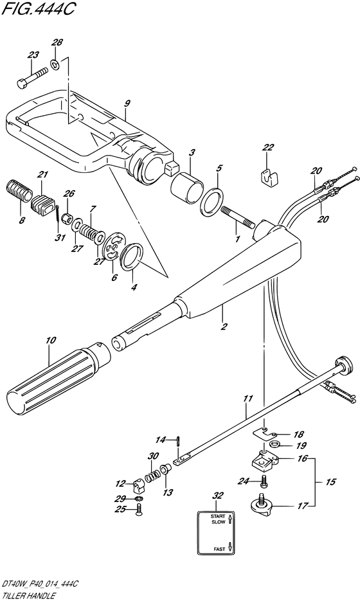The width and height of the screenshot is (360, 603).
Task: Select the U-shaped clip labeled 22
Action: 269,175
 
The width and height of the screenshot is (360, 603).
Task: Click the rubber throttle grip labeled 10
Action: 58,374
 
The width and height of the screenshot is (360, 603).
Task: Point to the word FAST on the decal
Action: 219,549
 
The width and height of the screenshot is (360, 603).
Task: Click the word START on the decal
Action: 218,516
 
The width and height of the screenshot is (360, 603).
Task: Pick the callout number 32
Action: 218,496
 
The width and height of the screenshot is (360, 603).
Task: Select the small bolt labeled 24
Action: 264,480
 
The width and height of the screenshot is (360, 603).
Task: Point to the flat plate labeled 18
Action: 266,433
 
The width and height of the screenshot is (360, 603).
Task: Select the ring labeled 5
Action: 212,201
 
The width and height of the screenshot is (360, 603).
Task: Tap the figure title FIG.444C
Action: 37,8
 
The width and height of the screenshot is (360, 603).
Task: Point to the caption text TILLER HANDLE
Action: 27,596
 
